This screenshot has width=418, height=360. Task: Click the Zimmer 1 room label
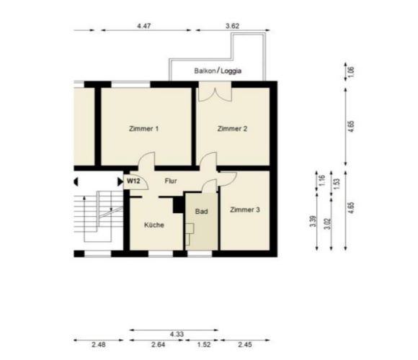pyautogui.click(x=143, y=129)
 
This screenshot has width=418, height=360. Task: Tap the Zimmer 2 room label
pyautogui.click(x=232, y=129)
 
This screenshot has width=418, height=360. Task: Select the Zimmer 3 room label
pyautogui.click(x=245, y=210)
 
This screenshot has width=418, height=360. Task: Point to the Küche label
pyautogui.click(x=154, y=225)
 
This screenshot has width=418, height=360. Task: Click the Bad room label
pyautogui.click(x=202, y=212)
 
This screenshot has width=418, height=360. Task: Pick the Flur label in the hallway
pyautogui.click(x=171, y=181)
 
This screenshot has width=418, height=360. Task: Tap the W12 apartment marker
pyautogui.click(x=133, y=181)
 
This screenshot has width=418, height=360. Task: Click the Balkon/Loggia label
pyautogui.click(x=218, y=71)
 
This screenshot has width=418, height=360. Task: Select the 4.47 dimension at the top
pyautogui.click(x=143, y=26)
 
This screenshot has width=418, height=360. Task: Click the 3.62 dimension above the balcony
pyautogui.click(x=232, y=26)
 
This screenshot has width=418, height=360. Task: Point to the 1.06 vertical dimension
pyautogui.click(x=351, y=71)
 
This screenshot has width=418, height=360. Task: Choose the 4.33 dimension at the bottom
pyautogui.click(x=177, y=334)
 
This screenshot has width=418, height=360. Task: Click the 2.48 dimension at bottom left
pyautogui.click(x=98, y=345)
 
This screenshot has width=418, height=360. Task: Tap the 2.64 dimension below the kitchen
pyautogui.click(x=158, y=345)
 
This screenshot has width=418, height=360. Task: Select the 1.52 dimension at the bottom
pyautogui.click(x=204, y=345)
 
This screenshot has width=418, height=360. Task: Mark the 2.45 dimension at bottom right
pyautogui.click(x=245, y=345)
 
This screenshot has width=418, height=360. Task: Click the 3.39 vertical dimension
pyautogui.click(x=313, y=221)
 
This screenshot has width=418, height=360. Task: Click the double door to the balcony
pyautogui.click(x=215, y=91)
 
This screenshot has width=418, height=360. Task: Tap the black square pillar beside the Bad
pyautogui.click(x=178, y=205)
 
